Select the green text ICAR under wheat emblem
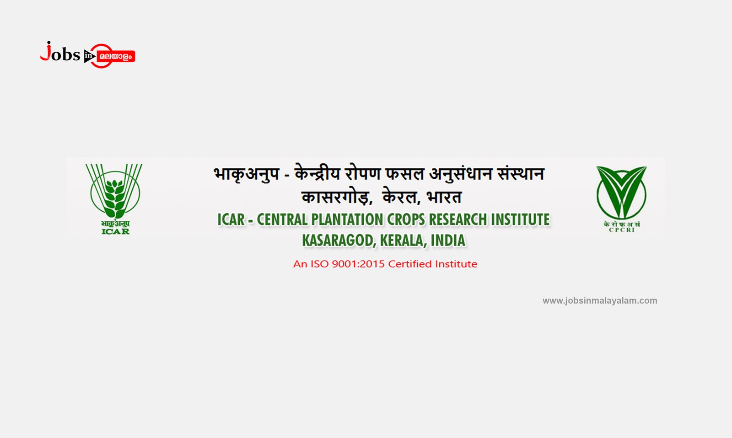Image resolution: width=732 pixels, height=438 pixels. click(115, 232)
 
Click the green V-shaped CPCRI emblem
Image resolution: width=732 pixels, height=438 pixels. click(622, 192)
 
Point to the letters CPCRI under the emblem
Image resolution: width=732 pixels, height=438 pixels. click(622, 230)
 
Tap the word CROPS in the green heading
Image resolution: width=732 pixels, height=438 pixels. click(406, 219)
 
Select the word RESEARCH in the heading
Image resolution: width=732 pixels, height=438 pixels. click(458, 219)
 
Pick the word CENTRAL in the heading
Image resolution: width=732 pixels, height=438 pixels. click(282, 219)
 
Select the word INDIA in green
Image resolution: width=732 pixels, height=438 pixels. click(448, 241)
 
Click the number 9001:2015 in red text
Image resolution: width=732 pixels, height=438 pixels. click(358, 264)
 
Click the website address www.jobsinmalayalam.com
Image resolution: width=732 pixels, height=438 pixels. click(600, 301)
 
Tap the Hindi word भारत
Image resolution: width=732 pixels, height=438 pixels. click(444, 197)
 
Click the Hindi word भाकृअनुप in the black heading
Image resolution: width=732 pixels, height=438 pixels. click(247, 174)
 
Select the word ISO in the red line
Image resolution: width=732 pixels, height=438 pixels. click(319, 264)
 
